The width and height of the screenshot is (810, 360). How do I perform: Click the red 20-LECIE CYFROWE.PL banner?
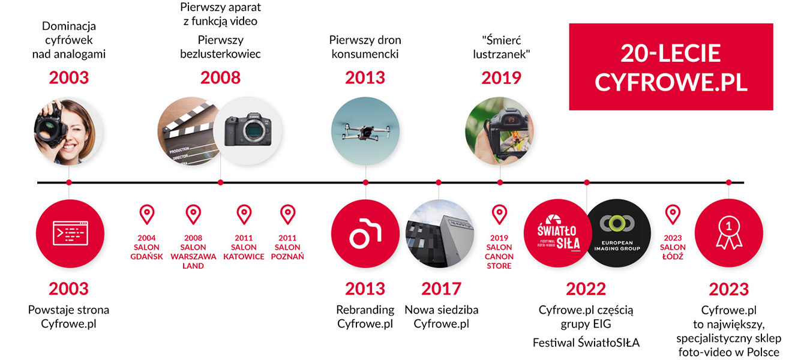(x=671, y=67)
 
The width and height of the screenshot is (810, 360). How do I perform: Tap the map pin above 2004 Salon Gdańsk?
(x=147, y=214)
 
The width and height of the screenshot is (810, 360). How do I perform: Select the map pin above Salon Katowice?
(x=244, y=214)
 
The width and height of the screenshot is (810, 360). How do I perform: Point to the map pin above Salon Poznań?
(x=288, y=214)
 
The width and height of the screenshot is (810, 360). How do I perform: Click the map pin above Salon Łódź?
(x=673, y=214)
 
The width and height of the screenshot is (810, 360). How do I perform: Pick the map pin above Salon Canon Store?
(x=499, y=214)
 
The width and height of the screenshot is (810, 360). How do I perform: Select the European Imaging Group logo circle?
(x=617, y=233)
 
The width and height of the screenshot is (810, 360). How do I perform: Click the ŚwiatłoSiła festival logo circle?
(x=558, y=233)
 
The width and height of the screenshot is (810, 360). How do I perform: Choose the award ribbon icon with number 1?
(x=728, y=233)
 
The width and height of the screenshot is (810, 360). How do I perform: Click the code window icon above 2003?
(x=70, y=233)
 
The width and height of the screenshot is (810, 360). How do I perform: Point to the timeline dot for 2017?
(x=439, y=182)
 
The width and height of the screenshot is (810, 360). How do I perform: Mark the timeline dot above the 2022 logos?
(x=587, y=182)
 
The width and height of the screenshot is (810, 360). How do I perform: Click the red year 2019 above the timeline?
(x=501, y=78)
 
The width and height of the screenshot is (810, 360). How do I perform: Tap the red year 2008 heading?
(x=221, y=78)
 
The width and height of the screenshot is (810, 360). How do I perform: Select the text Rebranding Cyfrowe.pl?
(x=365, y=317)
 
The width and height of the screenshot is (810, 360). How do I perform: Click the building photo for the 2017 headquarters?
(x=440, y=233)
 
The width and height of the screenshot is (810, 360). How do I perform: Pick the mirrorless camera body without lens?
(x=248, y=130)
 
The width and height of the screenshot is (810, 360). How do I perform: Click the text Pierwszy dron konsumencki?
(x=365, y=47)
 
